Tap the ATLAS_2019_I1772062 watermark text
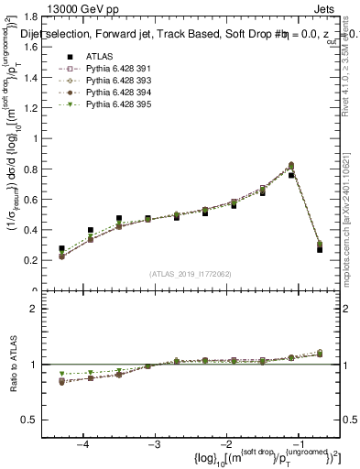(191, 273)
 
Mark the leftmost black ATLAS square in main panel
(61, 248)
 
